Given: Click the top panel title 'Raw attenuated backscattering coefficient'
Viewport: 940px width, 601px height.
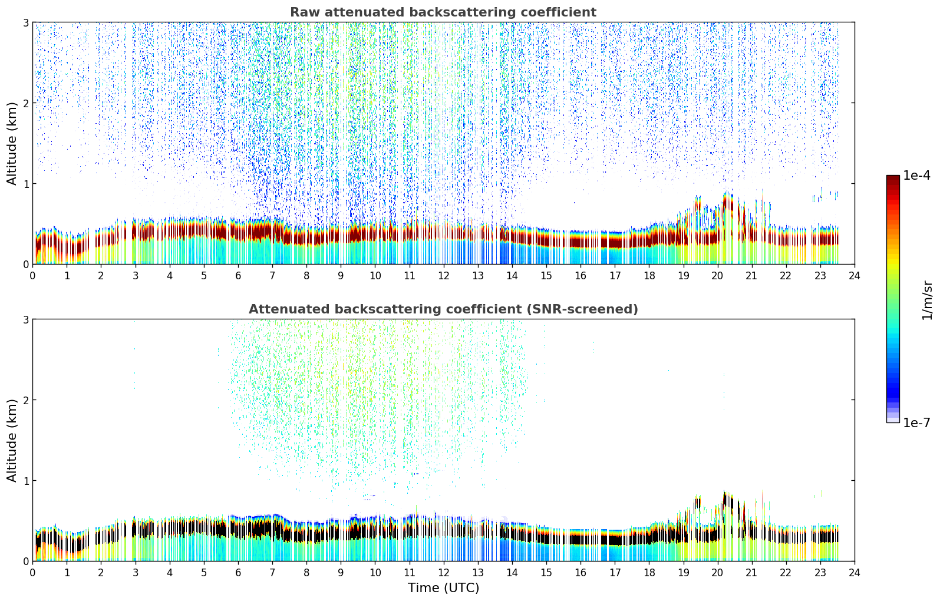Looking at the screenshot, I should [x=443, y=12].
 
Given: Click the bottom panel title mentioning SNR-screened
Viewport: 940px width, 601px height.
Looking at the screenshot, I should [x=443, y=309].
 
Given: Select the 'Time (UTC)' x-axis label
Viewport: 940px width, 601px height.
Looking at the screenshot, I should [x=443, y=588].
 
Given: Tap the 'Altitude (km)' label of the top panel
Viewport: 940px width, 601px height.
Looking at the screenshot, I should [x=12, y=143].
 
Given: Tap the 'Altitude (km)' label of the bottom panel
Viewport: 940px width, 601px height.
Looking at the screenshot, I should [x=12, y=440].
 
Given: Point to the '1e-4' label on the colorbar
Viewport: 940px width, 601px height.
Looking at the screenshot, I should [x=916, y=176].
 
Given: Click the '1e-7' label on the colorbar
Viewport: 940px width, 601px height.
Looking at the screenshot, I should [x=916, y=422].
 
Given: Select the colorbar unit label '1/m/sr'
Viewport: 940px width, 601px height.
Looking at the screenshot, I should [x=927, y=300].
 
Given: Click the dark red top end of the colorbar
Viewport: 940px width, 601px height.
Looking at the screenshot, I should [x=893, y=178].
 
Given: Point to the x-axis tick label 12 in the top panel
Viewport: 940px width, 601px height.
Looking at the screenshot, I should [x=443, y=276].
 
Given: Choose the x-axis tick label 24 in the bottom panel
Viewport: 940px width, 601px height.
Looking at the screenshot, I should [x=854, y=573].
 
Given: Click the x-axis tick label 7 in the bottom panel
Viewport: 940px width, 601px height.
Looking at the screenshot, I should [x=272, y=573].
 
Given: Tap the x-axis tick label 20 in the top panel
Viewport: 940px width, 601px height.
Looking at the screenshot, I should [x=717, y=276].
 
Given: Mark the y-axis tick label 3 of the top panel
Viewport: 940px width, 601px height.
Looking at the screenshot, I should [x=26, y=22].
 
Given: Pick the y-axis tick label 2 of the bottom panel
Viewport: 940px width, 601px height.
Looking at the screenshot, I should [x=26, y=400].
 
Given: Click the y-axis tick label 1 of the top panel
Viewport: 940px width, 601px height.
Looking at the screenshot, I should [x=26, y=184].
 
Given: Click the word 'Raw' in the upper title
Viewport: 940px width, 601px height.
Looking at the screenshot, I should [x=304, y=12].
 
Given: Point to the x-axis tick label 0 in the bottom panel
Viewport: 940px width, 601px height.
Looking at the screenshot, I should [x=32, y=573].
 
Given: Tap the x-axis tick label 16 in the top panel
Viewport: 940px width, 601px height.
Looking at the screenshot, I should [x=581, y=276].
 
